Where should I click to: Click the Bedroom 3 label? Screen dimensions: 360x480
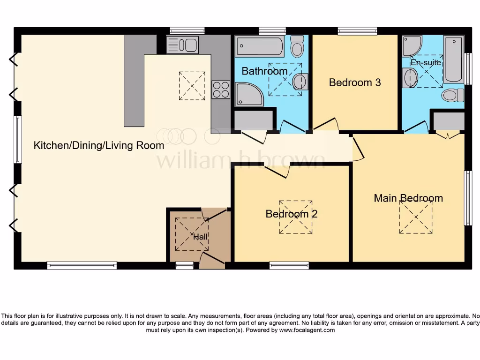(354, 83)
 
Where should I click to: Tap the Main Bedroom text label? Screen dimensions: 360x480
(408, 198)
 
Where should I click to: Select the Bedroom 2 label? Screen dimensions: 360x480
(291, 214)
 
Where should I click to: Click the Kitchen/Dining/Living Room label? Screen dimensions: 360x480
(99, 145)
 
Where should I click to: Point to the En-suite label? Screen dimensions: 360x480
(426, 62)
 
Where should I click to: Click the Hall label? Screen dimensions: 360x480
(201, 237)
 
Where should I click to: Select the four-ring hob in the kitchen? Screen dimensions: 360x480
(221, 90)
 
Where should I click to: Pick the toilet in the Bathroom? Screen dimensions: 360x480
(297, 46)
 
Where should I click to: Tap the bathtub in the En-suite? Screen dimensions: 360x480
(453, 59)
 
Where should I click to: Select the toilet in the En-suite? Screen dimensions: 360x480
(451, 95)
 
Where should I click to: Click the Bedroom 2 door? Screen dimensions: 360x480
(277, 171)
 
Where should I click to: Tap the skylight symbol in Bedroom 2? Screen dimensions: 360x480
(296, 217)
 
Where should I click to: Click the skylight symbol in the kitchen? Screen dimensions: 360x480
(192, 85)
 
